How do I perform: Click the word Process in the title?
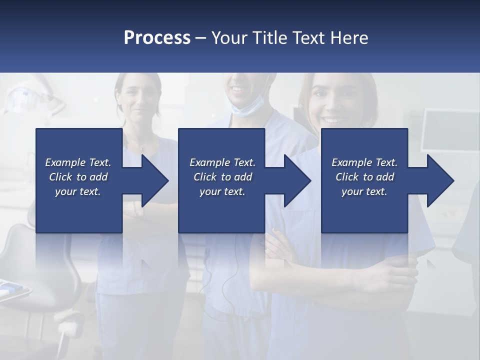point(157,38)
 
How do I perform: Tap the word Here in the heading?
point(349,38)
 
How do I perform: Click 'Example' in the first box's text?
point(65,162)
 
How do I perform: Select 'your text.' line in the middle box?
point(222,191)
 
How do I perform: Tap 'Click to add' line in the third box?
point(364,177)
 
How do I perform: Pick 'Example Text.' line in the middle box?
point(222,162)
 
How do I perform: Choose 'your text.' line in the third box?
point(364,191)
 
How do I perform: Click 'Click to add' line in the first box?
point(78,177)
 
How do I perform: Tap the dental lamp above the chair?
point(25,97)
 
